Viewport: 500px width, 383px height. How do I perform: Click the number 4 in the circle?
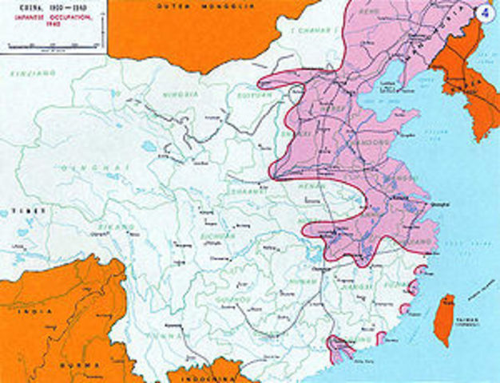482,14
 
